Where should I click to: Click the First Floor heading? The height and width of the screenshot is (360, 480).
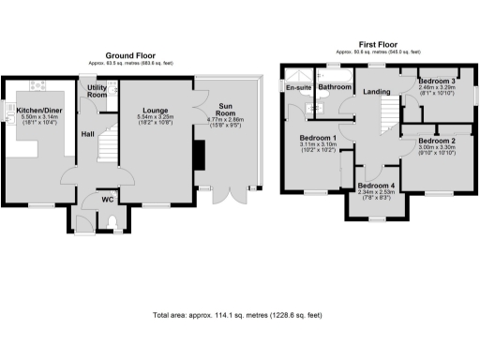click(375, 44)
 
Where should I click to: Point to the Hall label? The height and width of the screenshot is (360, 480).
click(88, 134)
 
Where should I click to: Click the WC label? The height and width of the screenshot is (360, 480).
click(107, 200)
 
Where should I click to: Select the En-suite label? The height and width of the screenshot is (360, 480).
click(298, 87)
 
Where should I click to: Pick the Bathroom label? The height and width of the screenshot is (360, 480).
click(335, 87)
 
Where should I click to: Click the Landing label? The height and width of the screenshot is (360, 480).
click(378, 91)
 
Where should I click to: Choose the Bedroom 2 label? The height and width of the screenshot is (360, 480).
click(435, 140)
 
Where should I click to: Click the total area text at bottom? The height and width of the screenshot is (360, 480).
click(236, 315)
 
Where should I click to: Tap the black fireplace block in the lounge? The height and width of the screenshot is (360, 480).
click(199, 155)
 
